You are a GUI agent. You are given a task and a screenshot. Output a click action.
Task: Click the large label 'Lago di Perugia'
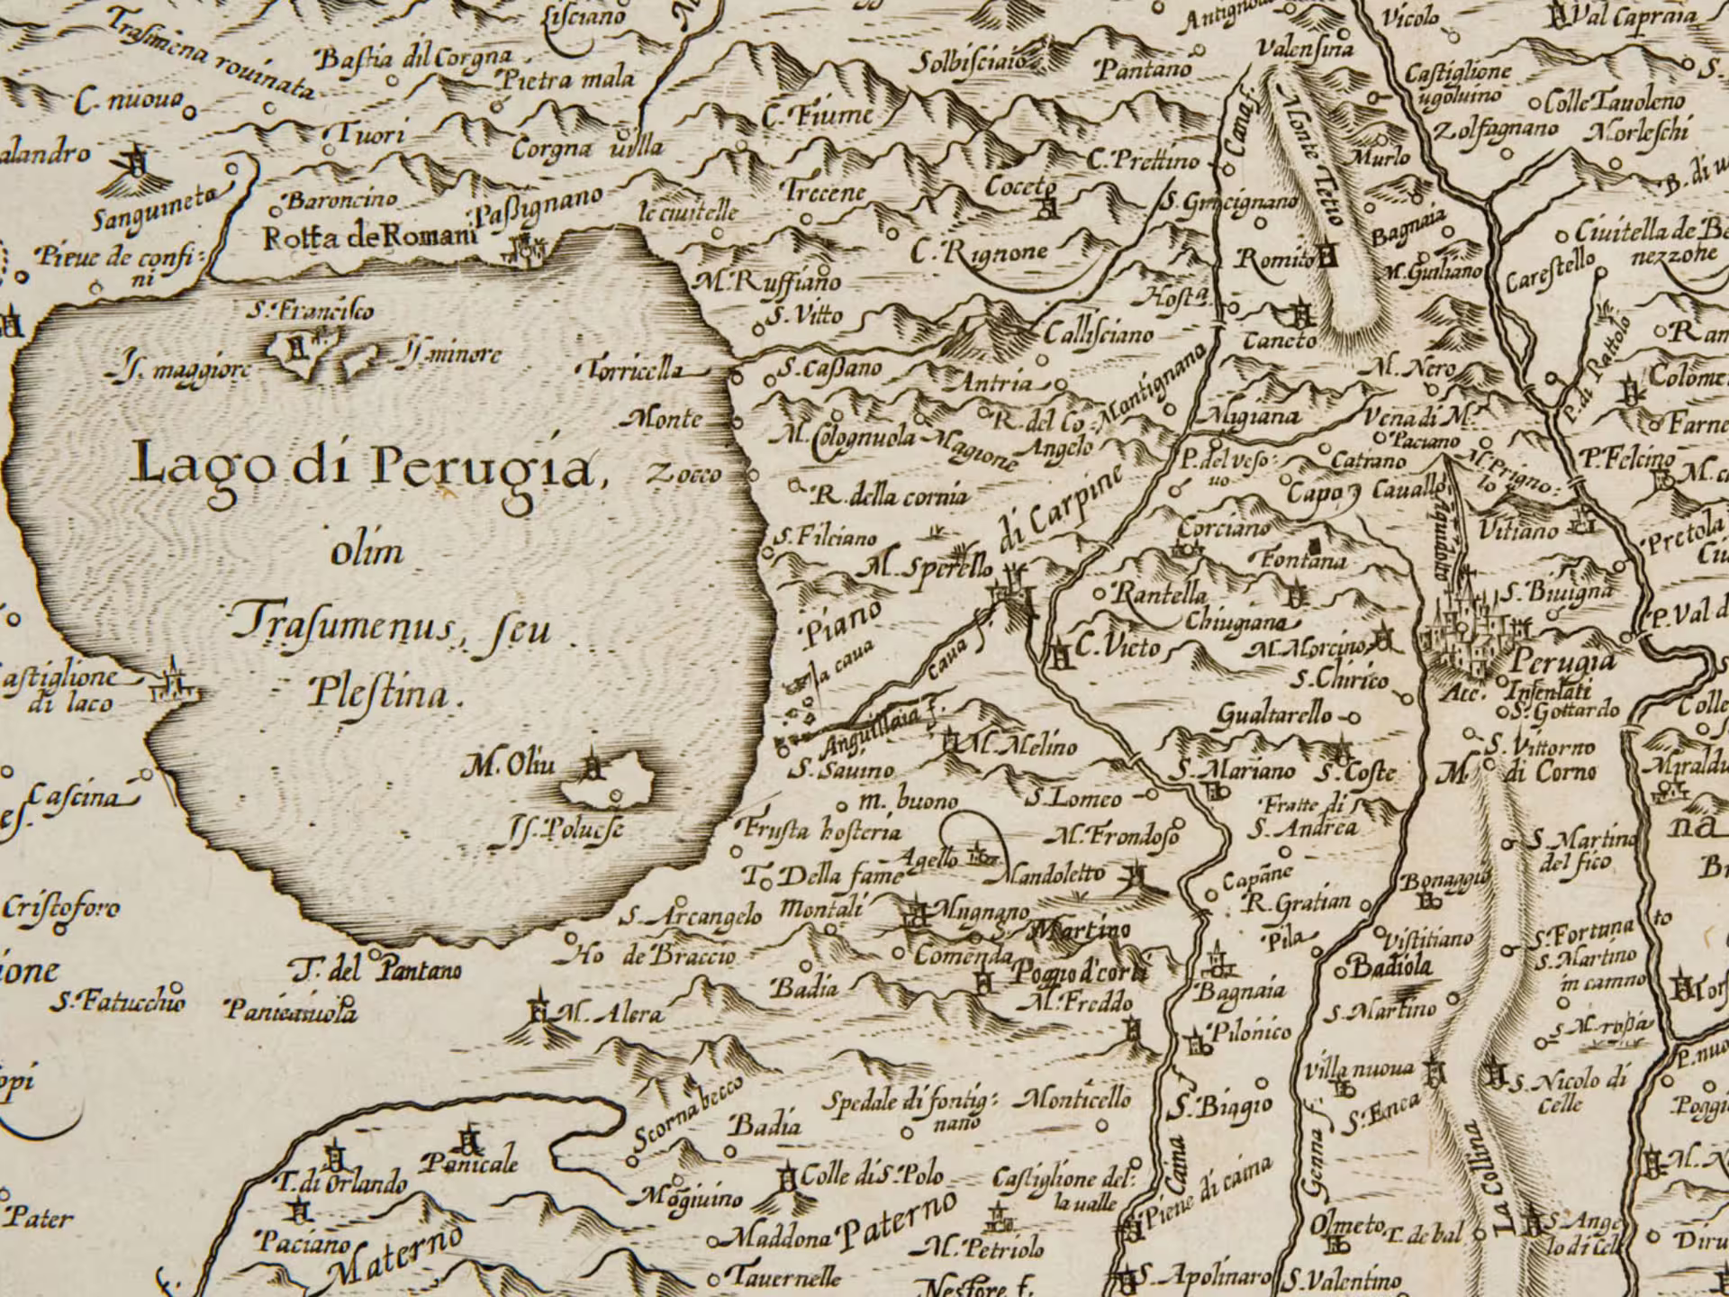pos(365,466)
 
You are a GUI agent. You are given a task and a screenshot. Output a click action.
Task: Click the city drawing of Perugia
pos(1463,630)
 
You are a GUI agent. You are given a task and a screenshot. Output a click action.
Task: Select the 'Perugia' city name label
pos(1562,662)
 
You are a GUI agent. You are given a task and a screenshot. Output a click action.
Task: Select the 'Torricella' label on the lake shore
pos(635,369)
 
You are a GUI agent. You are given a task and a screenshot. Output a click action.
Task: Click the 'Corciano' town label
pos(1225,527)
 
